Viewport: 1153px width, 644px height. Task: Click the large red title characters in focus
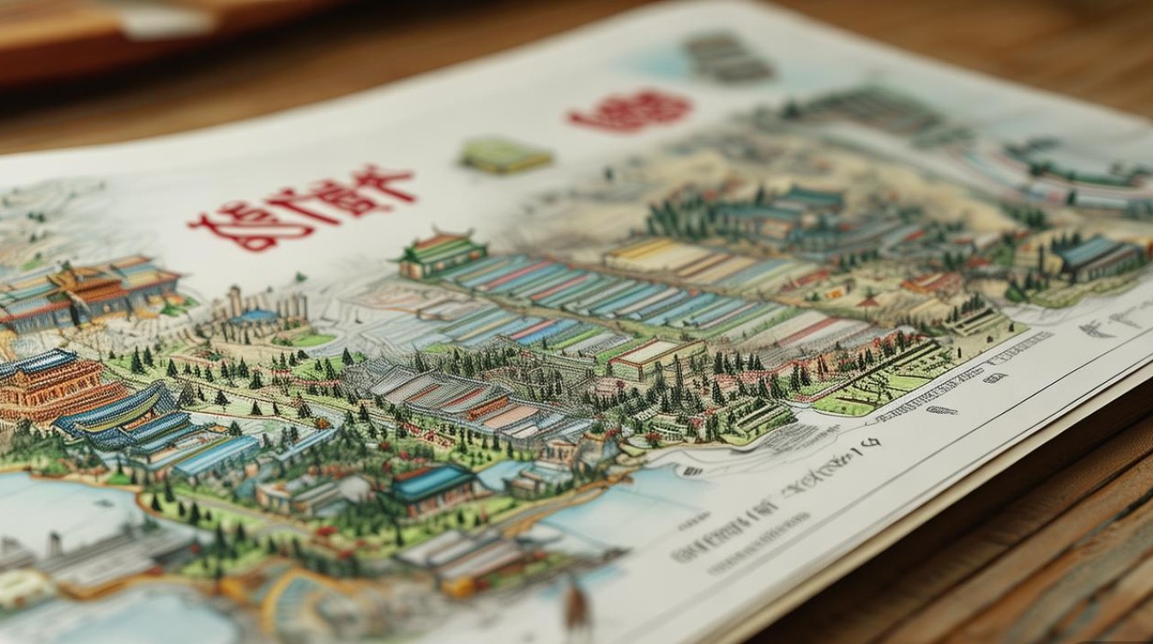[302, 207]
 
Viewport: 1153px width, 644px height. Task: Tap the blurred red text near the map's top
[631, 111]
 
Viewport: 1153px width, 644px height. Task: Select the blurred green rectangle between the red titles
[505, 155]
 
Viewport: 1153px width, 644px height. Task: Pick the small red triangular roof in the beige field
[866, 301]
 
